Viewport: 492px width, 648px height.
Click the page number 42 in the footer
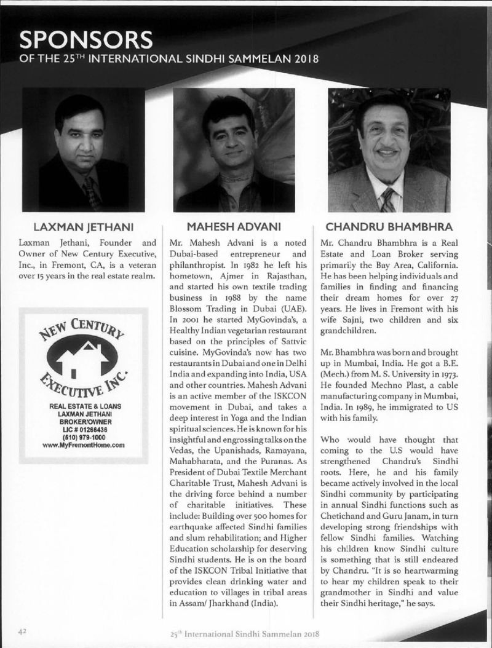click(x=23, y=631)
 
